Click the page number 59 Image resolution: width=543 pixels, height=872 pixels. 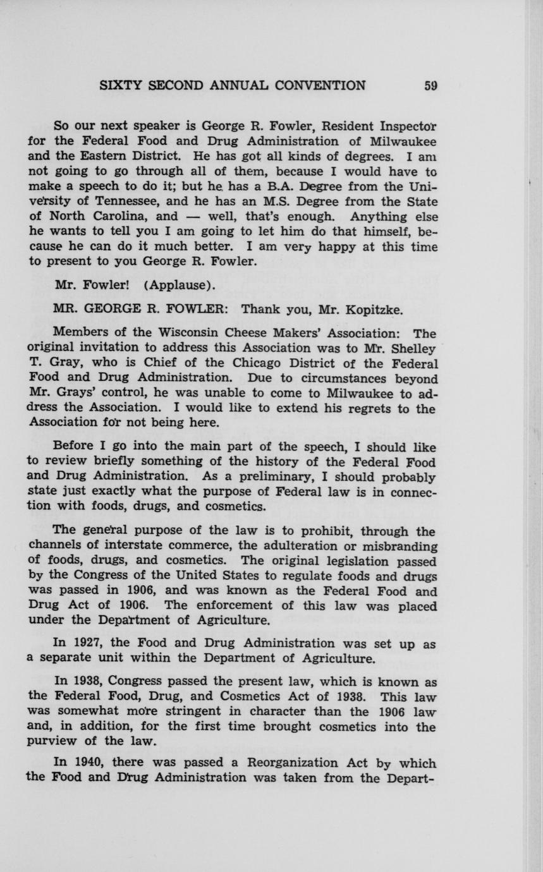click(430, 86)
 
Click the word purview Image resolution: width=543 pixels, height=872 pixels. click(54, 742)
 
